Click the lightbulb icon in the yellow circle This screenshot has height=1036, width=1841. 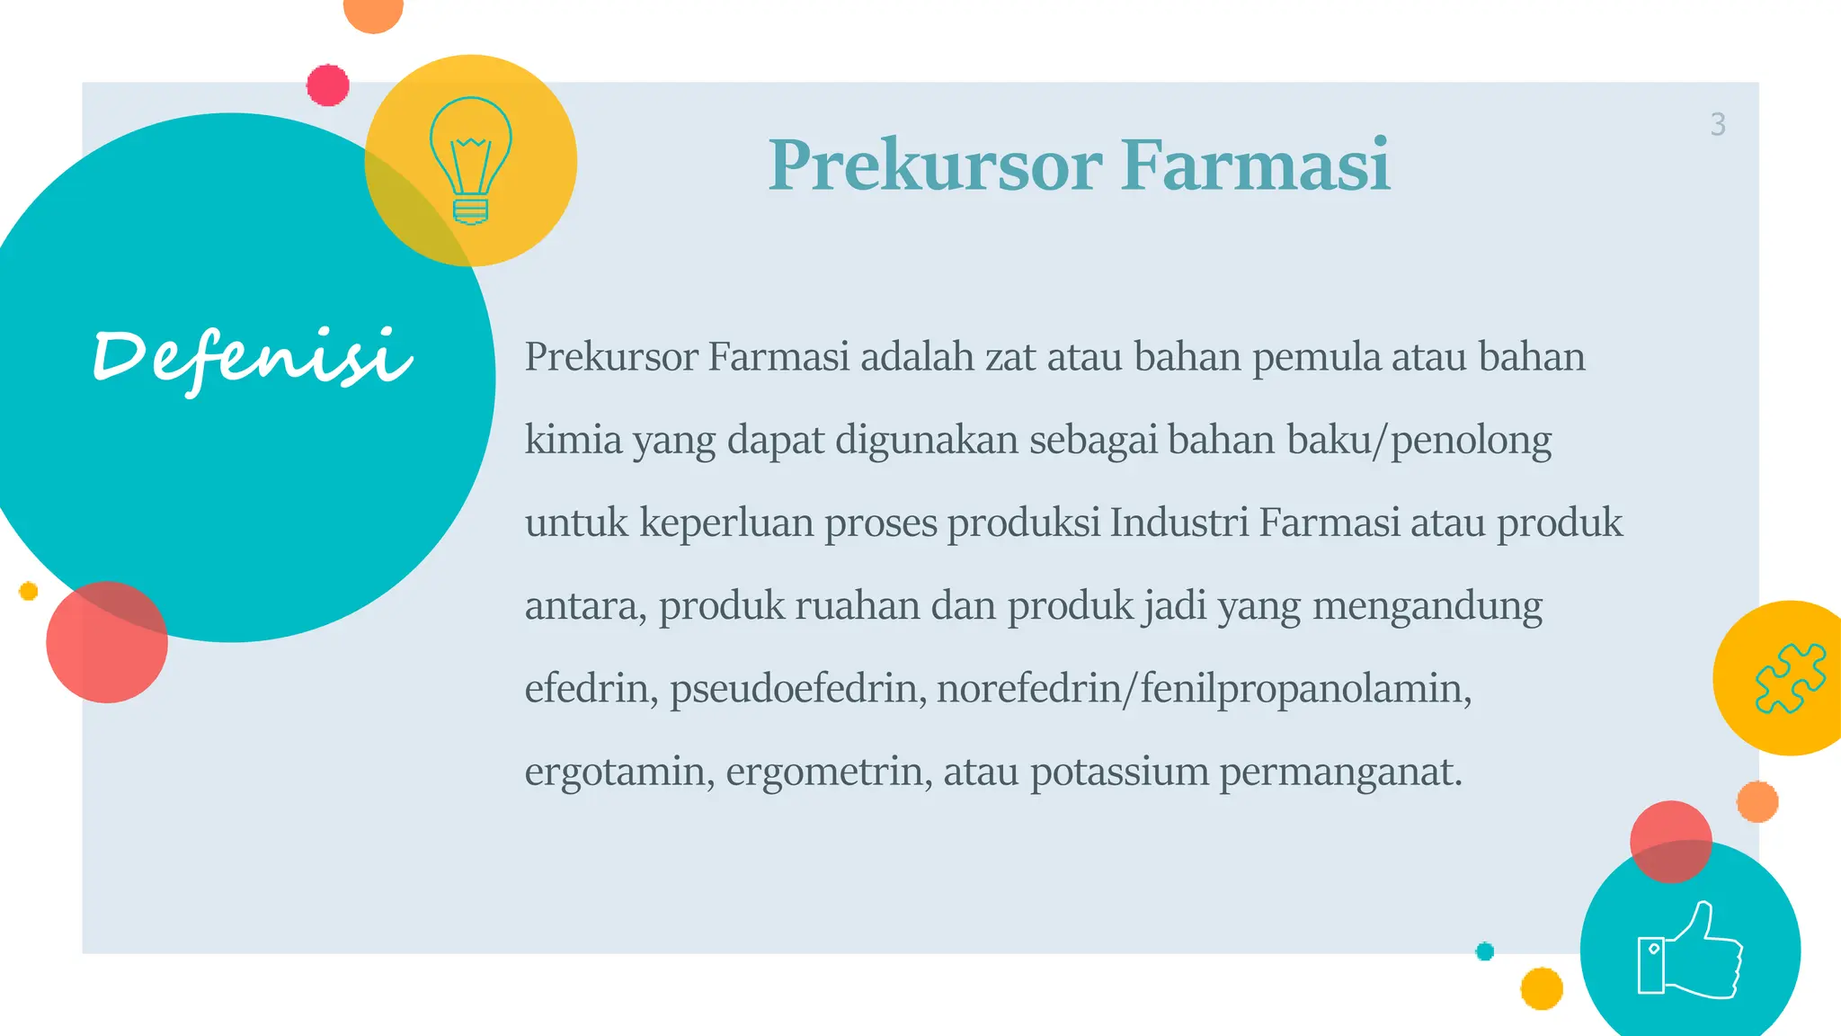click(470, 160)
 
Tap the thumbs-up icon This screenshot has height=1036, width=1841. click(1689, 951)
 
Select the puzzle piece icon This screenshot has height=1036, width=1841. click(1790, 678)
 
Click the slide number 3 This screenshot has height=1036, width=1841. click(1718, 124)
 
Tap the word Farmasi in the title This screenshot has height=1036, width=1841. click(1255, 165)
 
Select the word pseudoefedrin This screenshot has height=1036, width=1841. click(797, 689)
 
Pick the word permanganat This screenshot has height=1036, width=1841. click(1340, 772)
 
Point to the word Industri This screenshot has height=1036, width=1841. click(1178, 522)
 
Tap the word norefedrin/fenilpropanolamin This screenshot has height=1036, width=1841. click(1204, 689)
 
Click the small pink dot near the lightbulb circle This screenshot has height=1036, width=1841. click(328, 85)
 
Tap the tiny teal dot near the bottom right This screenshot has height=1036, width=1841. click(1485, 951)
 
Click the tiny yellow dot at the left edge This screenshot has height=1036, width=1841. click(29, 591)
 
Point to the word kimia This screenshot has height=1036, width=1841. click(574, 440)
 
